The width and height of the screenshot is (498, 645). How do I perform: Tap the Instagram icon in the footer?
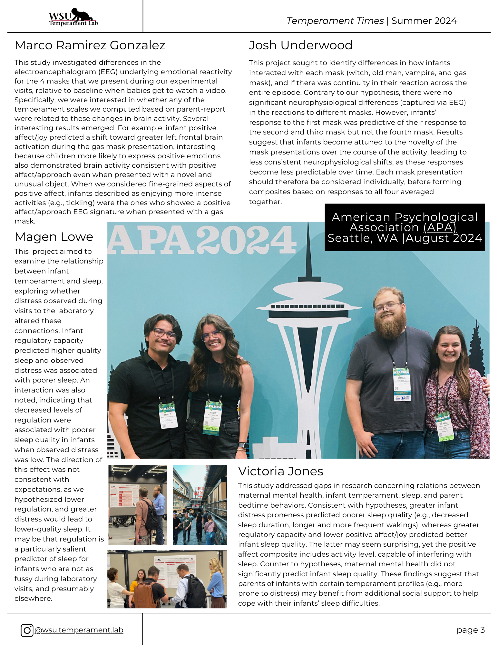click(x=27, y=630)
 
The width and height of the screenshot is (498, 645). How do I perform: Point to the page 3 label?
click(x=470, y=630)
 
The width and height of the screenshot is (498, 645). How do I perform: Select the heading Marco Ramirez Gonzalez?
click(x=90, y=45)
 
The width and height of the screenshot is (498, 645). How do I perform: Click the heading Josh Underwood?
click(x=300, y=45)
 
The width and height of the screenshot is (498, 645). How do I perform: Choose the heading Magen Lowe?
click(x=54, y=237)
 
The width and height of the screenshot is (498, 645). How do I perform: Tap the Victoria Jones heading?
click(x=280, y=471)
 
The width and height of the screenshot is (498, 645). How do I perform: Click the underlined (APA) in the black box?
click(x=440, y=228)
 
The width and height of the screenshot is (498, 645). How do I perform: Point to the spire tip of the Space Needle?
click(x=308, y=224)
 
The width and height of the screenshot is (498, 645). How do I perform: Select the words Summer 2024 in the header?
click(x=424, y=21)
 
